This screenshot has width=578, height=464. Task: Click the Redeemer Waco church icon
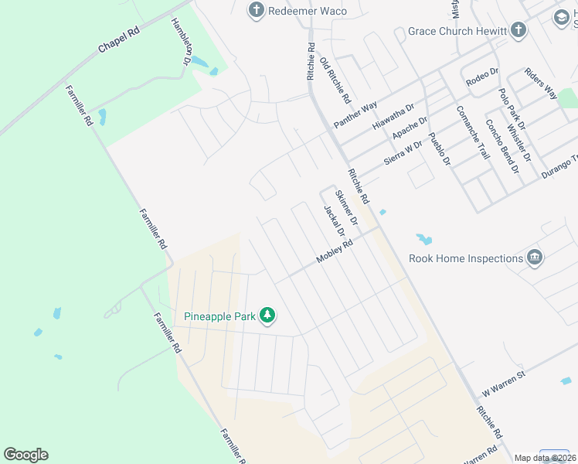[x=256, y=11]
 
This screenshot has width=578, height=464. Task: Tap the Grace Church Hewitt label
[x=451, y=32]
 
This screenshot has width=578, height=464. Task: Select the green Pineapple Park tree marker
[x=267, y=316]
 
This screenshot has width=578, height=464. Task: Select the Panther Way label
[x=355, y=114]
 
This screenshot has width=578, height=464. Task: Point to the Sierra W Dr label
[x=404, y=153]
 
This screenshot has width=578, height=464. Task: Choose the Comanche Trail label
[x=473, y=133]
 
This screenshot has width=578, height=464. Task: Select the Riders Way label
[x=541, y=83]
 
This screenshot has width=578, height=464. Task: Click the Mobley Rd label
[x=334, y=253]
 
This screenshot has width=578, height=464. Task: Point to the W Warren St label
[x=504, y=380]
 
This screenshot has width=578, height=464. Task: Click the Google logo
[x=25, y=455]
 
